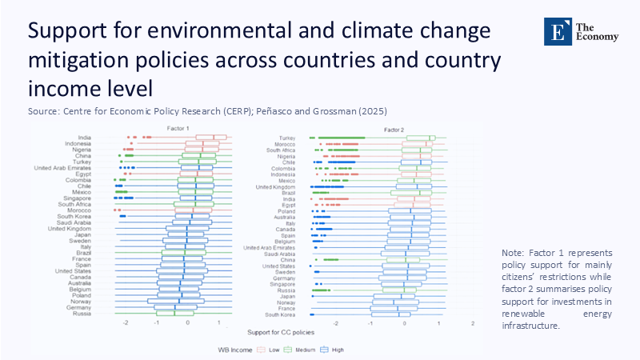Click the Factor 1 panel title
pyautogui.click(x=178, y=129)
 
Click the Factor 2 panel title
pyautogui.click(x=394, y=129)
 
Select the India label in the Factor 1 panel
pyautogui.click(x=84, y=138)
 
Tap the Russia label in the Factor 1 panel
pyautogui.click(x=81, y=314)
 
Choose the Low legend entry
pyautogui.click(x=267, y=350)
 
